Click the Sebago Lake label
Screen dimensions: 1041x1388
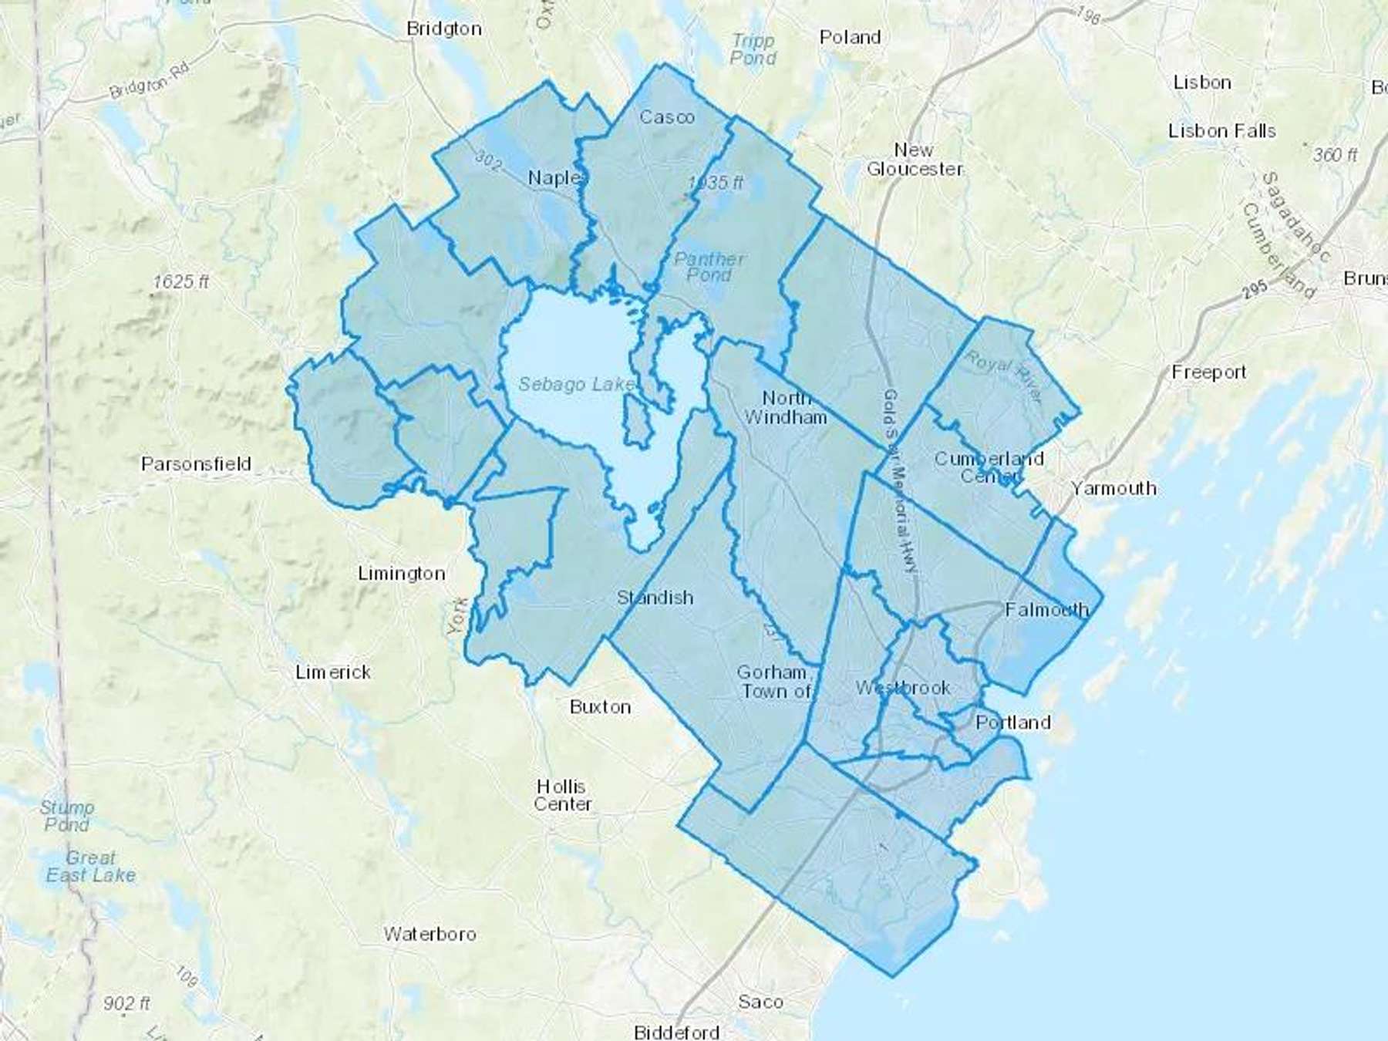pos(576,384)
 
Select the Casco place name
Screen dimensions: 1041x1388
pos(667,117)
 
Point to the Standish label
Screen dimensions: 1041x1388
pos(655,598)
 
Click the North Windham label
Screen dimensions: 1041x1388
pos(786,407)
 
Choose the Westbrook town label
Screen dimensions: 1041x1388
pos(902,687)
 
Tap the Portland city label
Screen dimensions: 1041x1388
pos(1012,723)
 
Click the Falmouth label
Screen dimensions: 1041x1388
pos(1046,610)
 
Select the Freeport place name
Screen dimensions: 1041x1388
pos(1208,372)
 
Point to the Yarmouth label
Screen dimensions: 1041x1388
pos(1113,488)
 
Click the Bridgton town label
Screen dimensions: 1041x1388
pos(443,29)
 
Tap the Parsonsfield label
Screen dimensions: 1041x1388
pos(196,463)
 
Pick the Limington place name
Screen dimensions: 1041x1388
pos(402,574)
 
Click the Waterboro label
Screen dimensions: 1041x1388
pos(430,934)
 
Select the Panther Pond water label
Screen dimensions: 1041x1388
pos(709,266)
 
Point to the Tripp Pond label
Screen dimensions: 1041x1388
pos(753,49)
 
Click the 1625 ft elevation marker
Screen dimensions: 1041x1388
pos(180,281)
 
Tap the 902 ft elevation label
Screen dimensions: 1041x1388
pos(126,1003)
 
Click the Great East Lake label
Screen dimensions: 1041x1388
pos(90,866)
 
